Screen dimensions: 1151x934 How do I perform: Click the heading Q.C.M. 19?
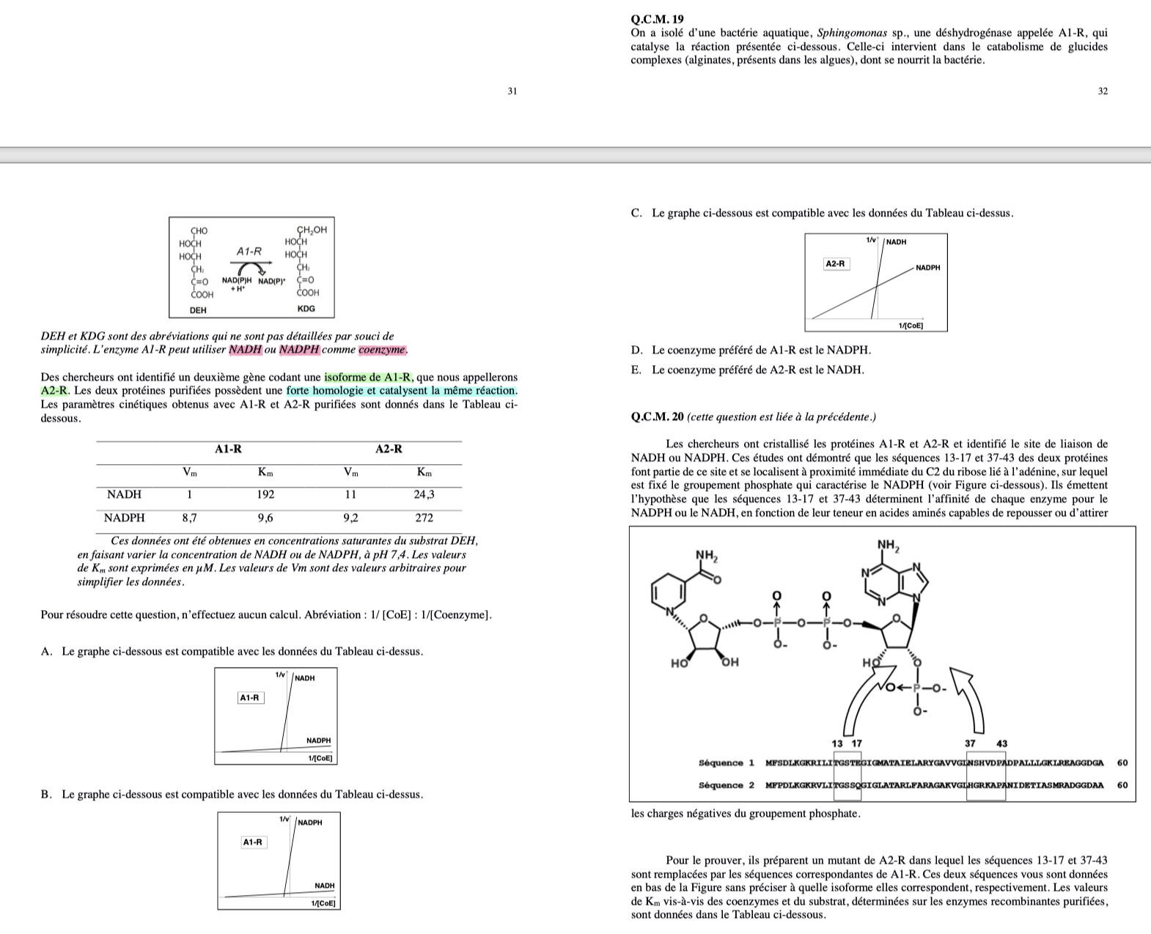click(x=657, y=20)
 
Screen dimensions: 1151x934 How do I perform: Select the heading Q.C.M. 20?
click(x=657, y=417)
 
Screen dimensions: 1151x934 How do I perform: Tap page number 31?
click(x=512, y=92)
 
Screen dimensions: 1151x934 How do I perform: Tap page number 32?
click(x=1103, y=92)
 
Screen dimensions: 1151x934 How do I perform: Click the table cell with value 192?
click(x=265, y=494)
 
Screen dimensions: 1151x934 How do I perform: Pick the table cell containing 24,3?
click(x=424, y=494)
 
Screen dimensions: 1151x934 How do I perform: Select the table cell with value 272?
click(x=424, y=518)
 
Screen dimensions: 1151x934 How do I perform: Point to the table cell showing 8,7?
click(x=189, y=518)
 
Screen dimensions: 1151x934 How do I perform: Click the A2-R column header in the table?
click(x=389, y=449)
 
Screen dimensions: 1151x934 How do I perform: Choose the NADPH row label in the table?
click(x=125, y=518)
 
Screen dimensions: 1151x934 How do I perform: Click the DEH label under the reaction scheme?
click(x=198, y=310)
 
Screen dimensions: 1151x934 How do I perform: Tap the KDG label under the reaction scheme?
click(x=306, y=309)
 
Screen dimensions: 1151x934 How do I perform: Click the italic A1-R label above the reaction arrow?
click(x=249, y=251)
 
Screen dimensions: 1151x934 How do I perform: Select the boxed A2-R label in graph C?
click(x=836, y=264)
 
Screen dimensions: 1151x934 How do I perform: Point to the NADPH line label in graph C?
click(x=928, y=268)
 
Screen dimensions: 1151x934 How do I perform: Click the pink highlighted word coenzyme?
click(x=382, y=350)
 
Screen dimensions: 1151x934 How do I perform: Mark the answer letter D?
click(x=636, y=350)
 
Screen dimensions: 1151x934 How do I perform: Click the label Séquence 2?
click(x=727, y=785)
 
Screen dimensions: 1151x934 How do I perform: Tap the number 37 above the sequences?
click(x=971, y=744)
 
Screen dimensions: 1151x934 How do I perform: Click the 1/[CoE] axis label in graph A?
click(x=320, y=758)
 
